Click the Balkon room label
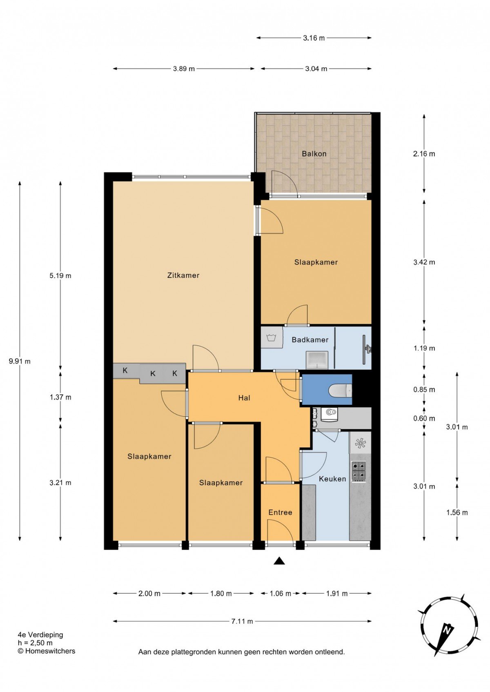coord(314,153)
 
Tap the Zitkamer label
coord(183,275)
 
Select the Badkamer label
coord(310,340)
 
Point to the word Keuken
coord(332,479)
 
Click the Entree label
coord(280,512)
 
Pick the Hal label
coord(244,398)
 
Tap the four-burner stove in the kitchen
coord(359,472)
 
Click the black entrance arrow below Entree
coord(279,561)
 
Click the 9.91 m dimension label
coord(20,361)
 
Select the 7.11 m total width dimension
coord(242,619)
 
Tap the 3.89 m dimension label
coord(184,69)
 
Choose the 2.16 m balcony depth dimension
coord(424,153)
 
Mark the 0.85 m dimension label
coord(424,390)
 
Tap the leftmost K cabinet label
coord(125,370)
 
